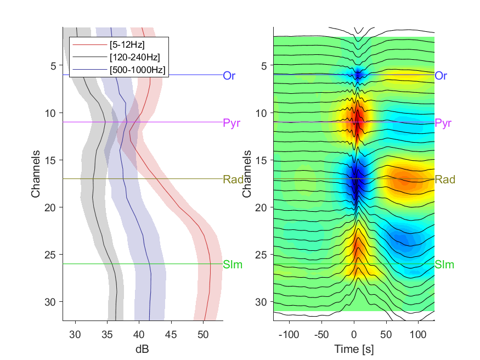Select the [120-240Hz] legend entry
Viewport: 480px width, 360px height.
[x=134, y=57]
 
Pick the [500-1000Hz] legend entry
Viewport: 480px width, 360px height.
[x=137, y=69]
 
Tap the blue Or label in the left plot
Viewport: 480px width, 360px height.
[x=229, y=76]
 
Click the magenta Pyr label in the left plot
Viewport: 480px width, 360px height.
[x=231, y=123]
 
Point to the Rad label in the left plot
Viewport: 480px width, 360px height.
[x=232, y=179]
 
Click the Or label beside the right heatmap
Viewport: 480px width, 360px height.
[x=441, y=76]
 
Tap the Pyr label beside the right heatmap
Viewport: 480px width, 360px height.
[x=443, y=123]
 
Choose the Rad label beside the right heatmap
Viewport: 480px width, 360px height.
[x=444, y=179]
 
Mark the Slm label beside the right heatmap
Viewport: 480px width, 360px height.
[x=444, y=265]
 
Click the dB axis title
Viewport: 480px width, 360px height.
[x=142, y=349]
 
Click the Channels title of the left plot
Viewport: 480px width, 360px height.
[x=36, y=173]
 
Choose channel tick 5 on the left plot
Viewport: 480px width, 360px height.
[x=53, y=66]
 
